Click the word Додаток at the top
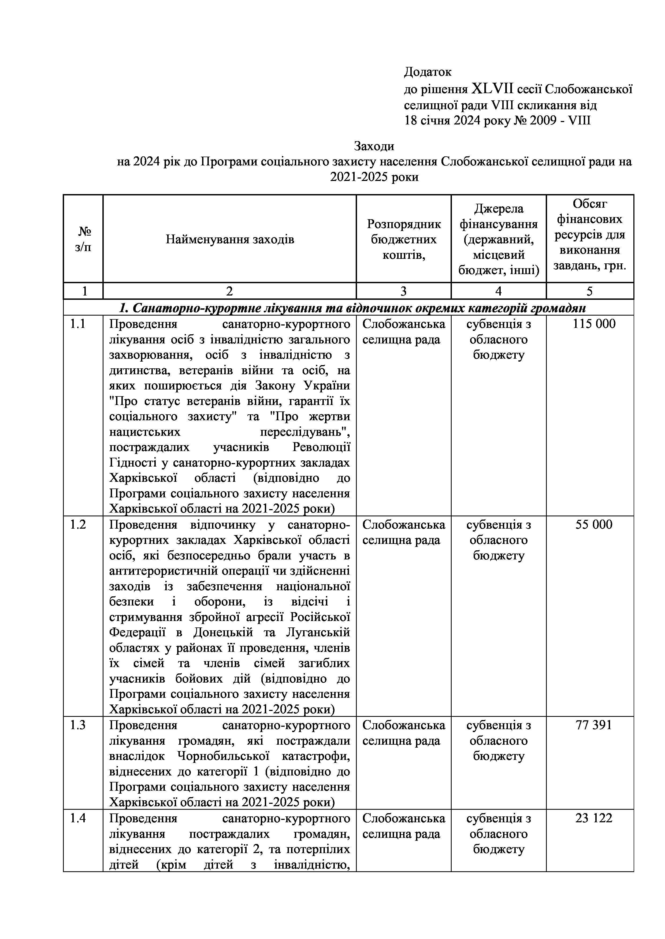pyautogui.click(x=428, y=72)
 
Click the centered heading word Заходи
pyautogui.click(x=374, y=146)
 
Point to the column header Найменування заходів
pyautogui.click(x=230, y=239)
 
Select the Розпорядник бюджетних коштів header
pyautogui.click(x=404, y=239)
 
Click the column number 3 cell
pyautogui.click(x=403, y=291)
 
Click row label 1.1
pyautogui.click(x=77, y=324)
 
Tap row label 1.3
pyautogui.click(x=77, y=725)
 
